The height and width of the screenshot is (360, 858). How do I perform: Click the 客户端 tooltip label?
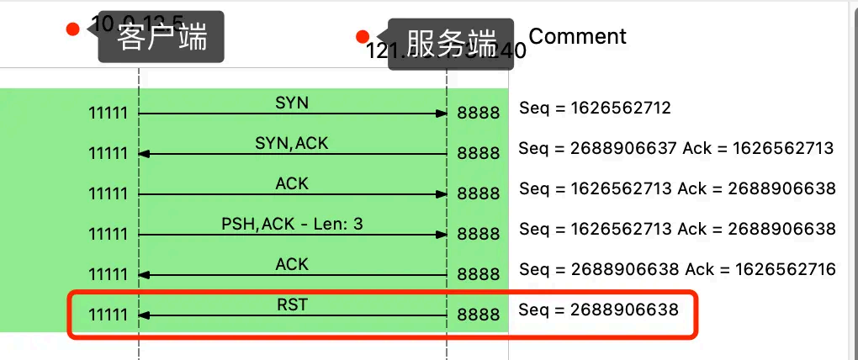[162, 38]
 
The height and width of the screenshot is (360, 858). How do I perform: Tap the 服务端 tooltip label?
[451, 41]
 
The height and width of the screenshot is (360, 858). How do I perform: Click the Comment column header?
[577, 36]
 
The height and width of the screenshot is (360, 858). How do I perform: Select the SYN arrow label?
[292, 103]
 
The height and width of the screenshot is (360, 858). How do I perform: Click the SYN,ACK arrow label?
[291, 143]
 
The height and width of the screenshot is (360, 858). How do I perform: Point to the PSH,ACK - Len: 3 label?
[292, 224]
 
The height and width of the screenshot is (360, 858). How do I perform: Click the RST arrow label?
[292, 304]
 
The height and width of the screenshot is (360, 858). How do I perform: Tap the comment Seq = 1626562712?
[595, 109]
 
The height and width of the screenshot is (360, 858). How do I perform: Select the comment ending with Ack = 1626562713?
[675, 148]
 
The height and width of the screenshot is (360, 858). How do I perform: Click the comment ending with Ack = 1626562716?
[677, 269]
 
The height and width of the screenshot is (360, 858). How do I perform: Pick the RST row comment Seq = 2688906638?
[598, 310]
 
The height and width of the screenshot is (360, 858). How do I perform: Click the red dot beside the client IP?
[72, 29]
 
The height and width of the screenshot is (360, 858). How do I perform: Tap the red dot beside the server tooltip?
[363, 36]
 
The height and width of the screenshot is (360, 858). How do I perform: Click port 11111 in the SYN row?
[109, 114]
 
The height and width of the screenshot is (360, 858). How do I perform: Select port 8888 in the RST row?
[478, 315]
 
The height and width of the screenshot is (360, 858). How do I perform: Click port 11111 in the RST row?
[109, 315]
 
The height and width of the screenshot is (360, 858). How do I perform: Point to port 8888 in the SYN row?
[478, 114]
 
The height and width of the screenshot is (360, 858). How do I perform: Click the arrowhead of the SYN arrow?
[441, 114]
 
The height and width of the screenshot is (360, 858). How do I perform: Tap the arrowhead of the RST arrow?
[144, 315]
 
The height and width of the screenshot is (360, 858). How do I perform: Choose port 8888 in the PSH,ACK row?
[478, 235]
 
